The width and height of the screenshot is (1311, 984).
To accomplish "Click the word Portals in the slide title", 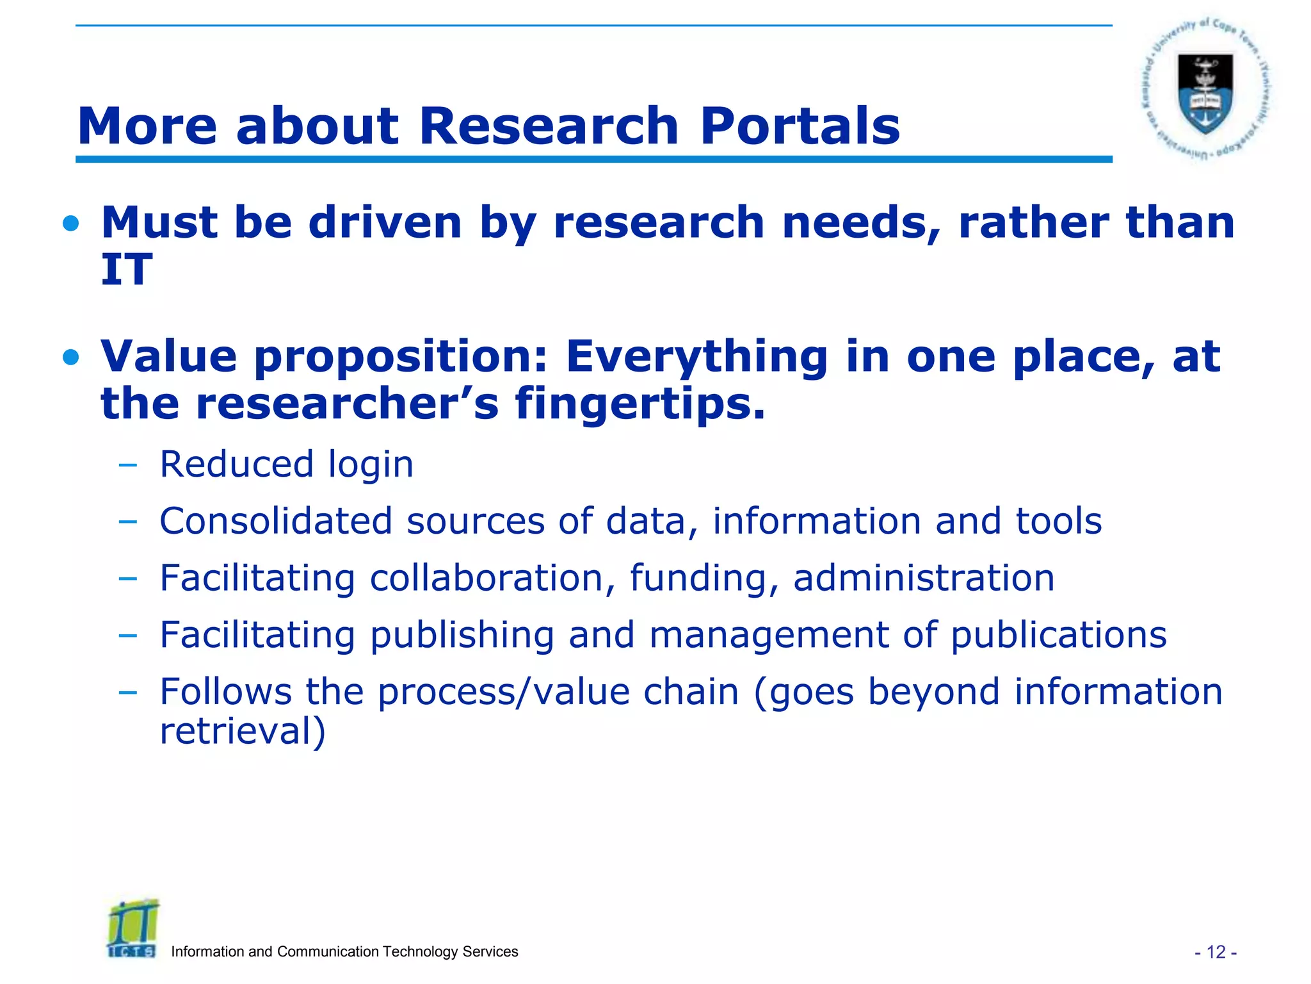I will [800, 126].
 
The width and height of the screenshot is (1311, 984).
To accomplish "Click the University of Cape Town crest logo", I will [1205, 90].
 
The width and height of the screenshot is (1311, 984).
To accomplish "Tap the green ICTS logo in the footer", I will [133, 928].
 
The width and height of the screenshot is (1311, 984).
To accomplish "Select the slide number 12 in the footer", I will [1216, 952].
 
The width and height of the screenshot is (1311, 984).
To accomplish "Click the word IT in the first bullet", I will [127, 269].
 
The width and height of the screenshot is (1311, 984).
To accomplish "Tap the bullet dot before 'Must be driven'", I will [71, 224].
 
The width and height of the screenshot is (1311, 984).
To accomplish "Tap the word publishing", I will [462, 635].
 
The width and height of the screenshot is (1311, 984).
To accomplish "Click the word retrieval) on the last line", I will [243, 731].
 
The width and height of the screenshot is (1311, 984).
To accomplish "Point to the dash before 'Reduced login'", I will [127, 465].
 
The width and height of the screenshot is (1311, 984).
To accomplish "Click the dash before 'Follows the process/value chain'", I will [127, 693].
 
